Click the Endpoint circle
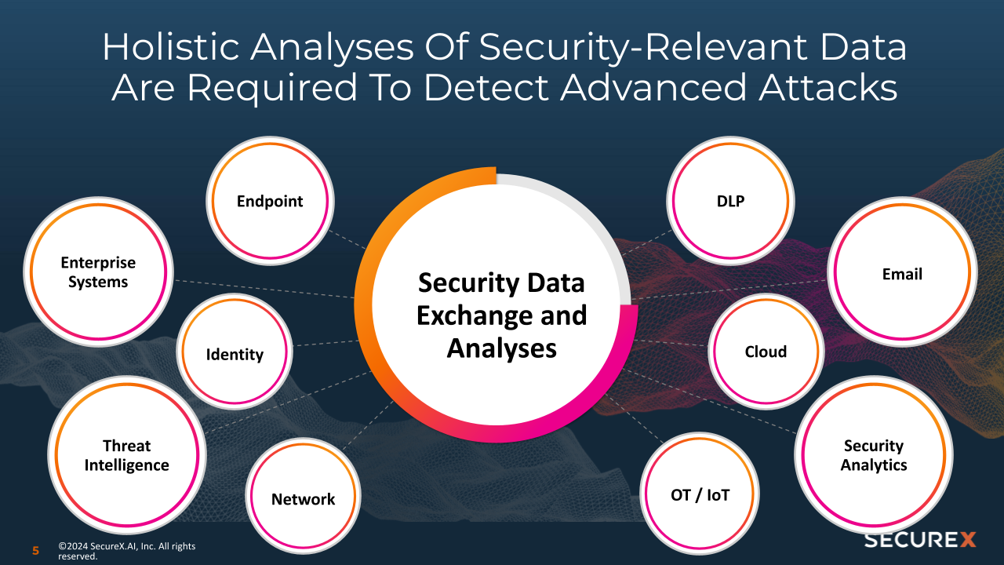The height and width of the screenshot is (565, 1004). (270, 202)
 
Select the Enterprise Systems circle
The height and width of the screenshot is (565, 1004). (98, 272)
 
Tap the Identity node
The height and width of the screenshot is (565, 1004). (235, 354)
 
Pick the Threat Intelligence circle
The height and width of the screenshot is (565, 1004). (126, 455)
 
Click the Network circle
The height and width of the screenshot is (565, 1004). (303, 498)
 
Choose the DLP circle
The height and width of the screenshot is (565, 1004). (731, 201)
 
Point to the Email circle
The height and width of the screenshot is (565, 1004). (902, 274)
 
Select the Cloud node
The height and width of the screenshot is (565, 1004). (766, 352)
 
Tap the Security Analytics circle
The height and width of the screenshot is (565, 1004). (874, 455)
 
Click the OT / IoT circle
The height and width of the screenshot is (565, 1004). (700, 495)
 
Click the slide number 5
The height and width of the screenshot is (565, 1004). (35, 551)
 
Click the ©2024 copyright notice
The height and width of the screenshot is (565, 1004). (125, 551)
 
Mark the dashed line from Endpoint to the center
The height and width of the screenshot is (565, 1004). (347, 239)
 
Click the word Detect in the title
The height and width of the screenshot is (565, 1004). (486, 89)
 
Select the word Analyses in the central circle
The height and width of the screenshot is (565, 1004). (502, 348)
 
